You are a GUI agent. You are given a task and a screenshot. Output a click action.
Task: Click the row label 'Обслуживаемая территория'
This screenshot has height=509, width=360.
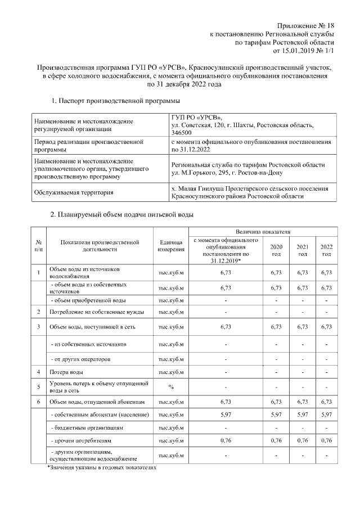tap(74, 192)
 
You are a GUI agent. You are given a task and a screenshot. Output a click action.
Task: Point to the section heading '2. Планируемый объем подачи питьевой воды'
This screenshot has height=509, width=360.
tap(122, 215)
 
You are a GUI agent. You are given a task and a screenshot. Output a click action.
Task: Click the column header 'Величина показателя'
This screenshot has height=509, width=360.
tap(263, 231)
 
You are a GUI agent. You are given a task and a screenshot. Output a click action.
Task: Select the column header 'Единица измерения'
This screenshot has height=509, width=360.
tap(171, 245)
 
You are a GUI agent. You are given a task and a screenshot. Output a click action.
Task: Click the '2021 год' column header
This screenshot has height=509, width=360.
tap(302, 250)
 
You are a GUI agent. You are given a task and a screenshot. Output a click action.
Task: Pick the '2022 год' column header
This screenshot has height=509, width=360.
tap(326, 250)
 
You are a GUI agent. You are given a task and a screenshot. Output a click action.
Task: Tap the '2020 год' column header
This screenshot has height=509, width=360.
tap(276, 250)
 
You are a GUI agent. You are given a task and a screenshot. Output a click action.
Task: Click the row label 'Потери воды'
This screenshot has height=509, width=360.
tap(66, 372)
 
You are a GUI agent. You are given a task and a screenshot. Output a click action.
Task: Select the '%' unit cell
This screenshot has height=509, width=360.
tap(171, 386)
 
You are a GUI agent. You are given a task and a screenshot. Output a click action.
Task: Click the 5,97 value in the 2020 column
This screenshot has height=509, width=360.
tap(276, 415)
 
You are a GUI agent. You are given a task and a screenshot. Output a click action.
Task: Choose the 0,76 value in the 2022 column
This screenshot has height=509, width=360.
tap(326, 440)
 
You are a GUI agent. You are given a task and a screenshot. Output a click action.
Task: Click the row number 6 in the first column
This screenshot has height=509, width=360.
tap(38, 402)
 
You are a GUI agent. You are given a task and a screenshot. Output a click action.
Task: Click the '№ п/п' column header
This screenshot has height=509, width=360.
tap(38, 245)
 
